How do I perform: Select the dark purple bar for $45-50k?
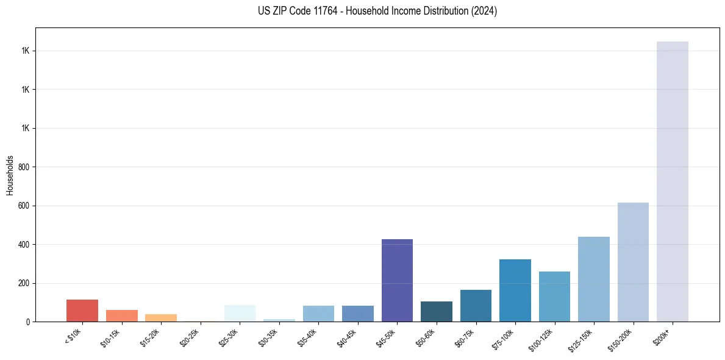(397, 280)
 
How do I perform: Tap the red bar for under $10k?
(82, 311)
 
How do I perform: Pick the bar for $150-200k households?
(633, 262)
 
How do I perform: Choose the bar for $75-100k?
(515, 290)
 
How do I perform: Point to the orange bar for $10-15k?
(121, 315)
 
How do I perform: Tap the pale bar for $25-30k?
(240, 313)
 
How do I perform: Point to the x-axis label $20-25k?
(190, 336)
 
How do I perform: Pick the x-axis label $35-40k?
(308, 336)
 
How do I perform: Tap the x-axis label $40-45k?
(348, 336)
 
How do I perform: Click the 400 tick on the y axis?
(24, 245)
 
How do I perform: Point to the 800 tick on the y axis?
(24, 167)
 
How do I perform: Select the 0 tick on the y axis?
(28, 322)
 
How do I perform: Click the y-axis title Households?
(10, 175)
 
